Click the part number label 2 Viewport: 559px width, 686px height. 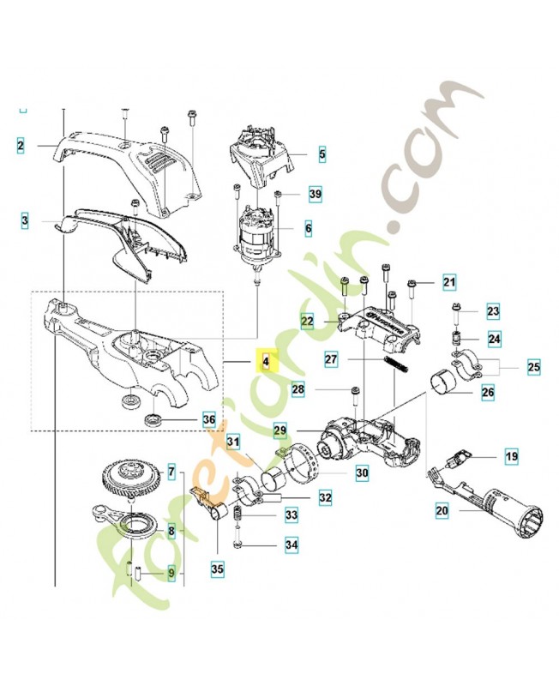(20, 146)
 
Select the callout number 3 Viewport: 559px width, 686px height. (26, 220)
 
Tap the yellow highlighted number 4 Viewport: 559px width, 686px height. (266, 361)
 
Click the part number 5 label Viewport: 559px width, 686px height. (322, 155)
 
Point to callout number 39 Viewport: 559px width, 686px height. (315, 196)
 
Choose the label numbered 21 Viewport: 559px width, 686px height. (449, 281)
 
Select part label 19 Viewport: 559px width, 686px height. (511, 457)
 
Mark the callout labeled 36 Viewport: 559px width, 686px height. (208, 419)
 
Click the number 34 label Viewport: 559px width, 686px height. (292, 545)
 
